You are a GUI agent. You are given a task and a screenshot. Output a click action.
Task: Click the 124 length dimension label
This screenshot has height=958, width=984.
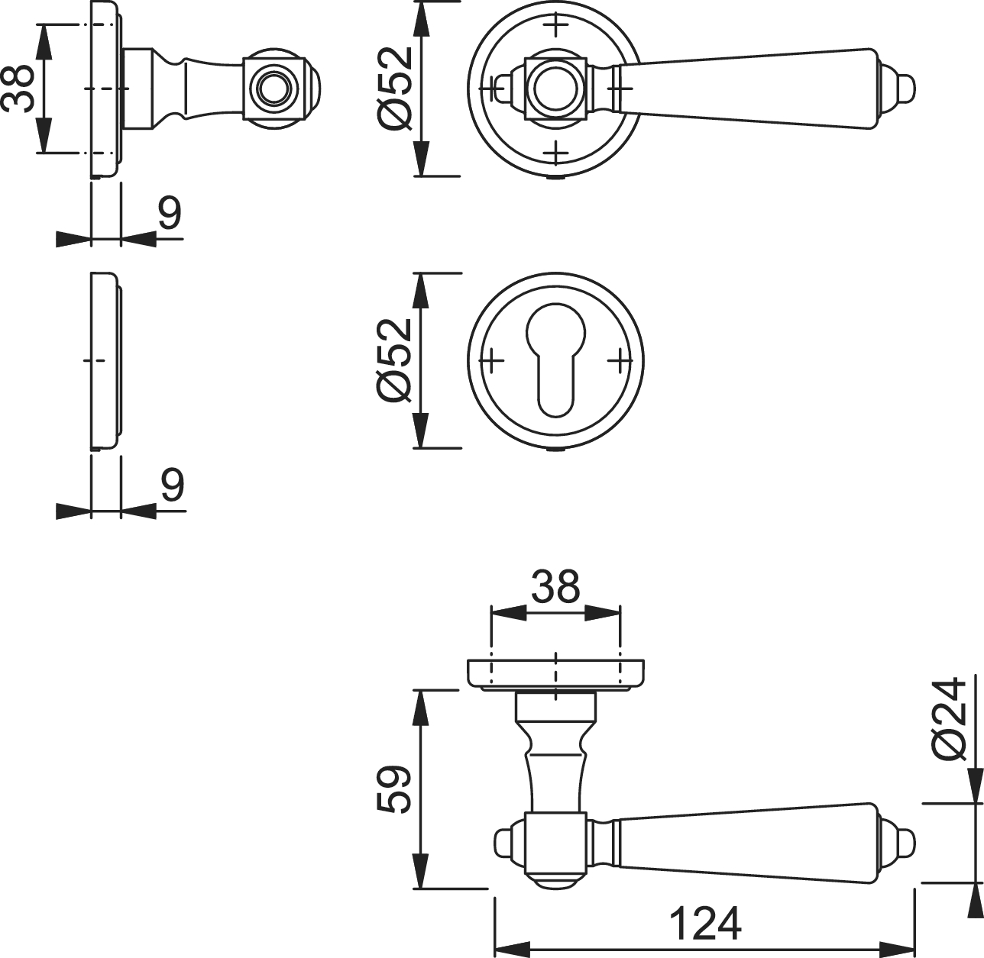pyautogui.click(x=705, y=923)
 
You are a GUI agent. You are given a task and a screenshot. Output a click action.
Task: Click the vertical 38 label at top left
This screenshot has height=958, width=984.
pyautogui.click(x=18, y=89)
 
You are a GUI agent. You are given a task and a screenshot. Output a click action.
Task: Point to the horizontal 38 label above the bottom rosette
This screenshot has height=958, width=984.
pyautogui.click(x=555, y=586)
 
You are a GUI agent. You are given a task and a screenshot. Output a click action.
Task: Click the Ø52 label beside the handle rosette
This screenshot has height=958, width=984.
pyautogui.click(x=395, y=89)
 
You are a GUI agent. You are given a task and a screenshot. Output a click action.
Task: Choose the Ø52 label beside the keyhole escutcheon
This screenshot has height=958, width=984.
pyautogui.click(x=395, y=361)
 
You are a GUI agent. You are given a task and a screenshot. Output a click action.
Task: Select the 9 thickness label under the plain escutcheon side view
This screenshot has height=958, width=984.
pyautogui.click(x=173, y=485)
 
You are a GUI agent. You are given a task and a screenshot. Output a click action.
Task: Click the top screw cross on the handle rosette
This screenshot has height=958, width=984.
pyautogui.click(x=555, y=24)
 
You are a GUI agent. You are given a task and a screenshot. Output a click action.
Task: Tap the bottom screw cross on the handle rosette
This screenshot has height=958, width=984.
pyautogui.click(x=555, y=153)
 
